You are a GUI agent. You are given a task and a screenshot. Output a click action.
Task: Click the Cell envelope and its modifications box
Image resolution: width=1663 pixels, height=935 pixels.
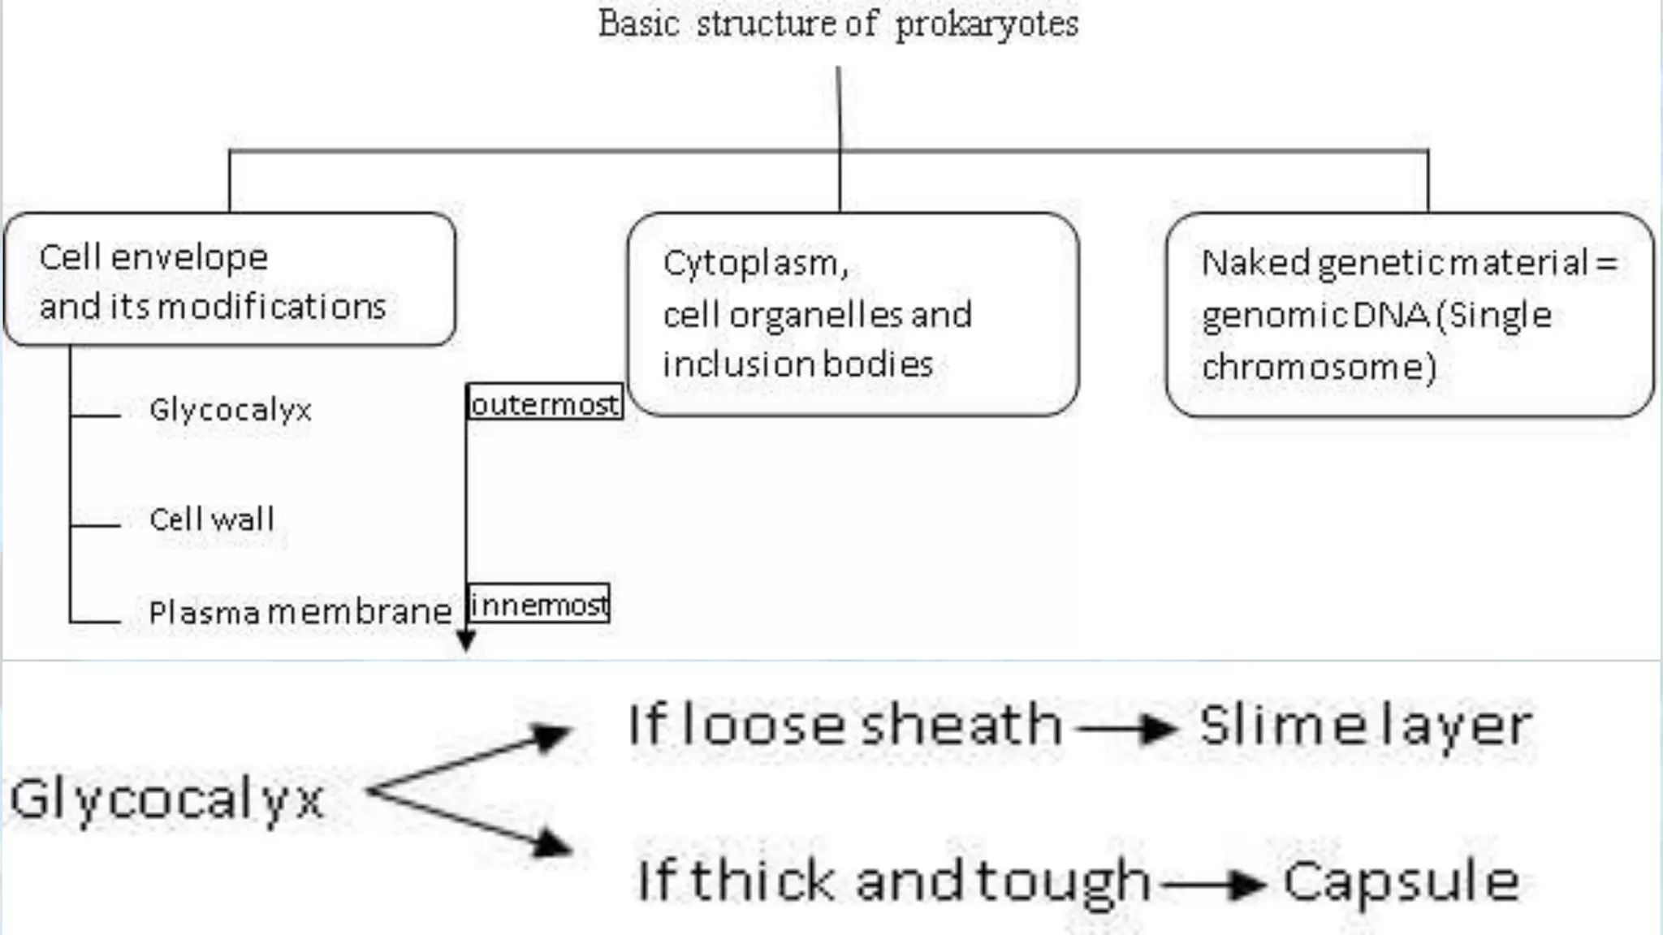[x=230, y=280]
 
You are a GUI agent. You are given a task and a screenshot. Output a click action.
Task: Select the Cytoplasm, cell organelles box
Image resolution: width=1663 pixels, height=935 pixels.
[x=853, y=314]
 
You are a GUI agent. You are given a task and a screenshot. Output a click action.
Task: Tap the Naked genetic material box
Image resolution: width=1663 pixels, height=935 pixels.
[x=1409, y=314]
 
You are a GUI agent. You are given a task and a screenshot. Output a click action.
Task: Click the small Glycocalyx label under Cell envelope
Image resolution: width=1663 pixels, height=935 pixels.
[x=230, y=410]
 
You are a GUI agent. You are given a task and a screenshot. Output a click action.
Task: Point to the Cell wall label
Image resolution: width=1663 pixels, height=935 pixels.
[x=212, y=519]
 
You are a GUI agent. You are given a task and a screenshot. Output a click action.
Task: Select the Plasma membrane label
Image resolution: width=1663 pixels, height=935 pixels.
[x=300, y=612]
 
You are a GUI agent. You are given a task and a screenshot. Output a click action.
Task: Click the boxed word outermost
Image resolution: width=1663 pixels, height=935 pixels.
[x=545, y=403]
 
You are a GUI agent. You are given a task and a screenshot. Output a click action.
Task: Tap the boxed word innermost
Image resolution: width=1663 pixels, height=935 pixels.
[x=539, y=605]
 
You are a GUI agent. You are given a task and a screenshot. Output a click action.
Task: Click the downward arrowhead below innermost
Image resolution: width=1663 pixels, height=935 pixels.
[x=466, y=641]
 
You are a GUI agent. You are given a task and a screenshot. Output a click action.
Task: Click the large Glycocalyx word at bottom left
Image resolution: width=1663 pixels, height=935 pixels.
[x=166, y=799]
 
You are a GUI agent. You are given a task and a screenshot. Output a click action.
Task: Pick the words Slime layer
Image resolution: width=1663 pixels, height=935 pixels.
[x=1365, y=725]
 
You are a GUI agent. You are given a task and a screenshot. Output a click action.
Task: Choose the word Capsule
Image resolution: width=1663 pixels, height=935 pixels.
[x=1401, y=881]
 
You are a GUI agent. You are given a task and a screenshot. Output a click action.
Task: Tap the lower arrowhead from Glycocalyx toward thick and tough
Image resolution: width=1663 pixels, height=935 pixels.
[x=551, y=844]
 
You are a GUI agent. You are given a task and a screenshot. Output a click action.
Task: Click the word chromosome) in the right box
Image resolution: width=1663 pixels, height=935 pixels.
[x=1319, y=367]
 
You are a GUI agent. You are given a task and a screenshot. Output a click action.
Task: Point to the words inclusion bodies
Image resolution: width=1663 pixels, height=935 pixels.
[x=797, y=364]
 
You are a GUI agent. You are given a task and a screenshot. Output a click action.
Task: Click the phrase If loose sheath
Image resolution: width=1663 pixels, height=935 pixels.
[x=844, y=725]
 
